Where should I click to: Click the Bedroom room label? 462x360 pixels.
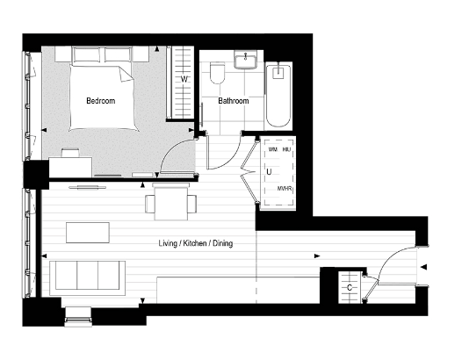(x=100, y=101)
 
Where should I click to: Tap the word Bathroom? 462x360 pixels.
(x=234, y=101)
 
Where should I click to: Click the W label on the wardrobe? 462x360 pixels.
(x=184, y=80)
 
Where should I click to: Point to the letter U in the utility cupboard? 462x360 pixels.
(x=268, y=172)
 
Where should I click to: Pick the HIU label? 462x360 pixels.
(x=286, y=151)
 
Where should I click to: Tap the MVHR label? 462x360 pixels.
(x=284, y=189)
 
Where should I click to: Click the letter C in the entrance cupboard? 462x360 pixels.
(x=350, y=287)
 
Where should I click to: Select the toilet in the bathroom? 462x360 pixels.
(x=217, y=74)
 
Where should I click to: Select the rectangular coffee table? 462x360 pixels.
(x=88, y=232)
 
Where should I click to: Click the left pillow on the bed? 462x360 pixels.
(x=87, y=55)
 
